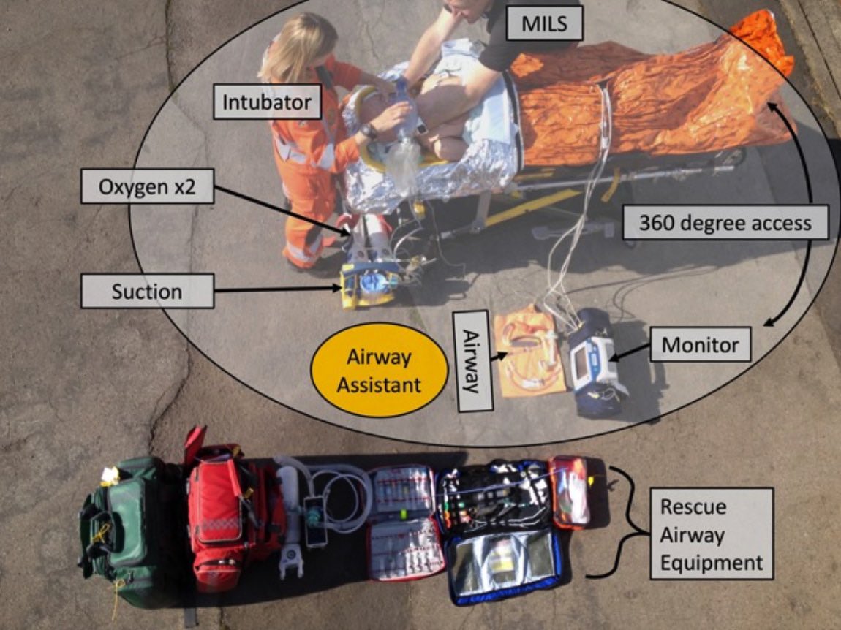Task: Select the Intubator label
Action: pyautogui.click(x=268, y=102)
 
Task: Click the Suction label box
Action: pyautogui.click(x=147, y=292)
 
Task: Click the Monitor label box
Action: pyautogui.click(x=700, y=344)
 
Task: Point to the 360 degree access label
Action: pyautogui.click(x=725, y=222)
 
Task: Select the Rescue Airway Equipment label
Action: pyautogui.click(x=711, y=535)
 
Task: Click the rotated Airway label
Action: pyautogui.click(x=472, y=360)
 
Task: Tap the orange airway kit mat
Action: pyautogui.click(x=528, y=351)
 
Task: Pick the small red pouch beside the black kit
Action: pyautogui.click(x=569, y=491)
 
